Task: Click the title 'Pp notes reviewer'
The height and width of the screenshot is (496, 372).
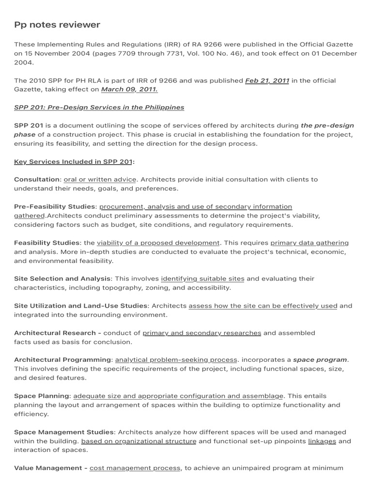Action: coord(57,25)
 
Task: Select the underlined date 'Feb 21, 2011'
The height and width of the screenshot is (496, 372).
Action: coord(267,80)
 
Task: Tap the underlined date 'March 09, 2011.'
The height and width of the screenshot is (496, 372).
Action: coord(129,90)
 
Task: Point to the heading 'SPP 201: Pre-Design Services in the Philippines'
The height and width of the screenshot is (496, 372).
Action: coord(99,108)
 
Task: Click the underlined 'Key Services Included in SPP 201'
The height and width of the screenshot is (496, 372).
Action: coord(73,162)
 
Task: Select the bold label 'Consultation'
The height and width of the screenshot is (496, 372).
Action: coord(37,179)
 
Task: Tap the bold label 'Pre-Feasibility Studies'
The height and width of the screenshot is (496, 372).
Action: coord(55,207)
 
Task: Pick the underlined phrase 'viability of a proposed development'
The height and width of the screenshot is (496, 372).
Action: coord(158,243)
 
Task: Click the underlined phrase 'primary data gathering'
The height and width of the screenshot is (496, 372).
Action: coord(309,243)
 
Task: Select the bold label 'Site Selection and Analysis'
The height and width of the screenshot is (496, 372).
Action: coord(62,279)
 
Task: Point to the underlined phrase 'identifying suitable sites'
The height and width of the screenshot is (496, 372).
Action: coord(202,279)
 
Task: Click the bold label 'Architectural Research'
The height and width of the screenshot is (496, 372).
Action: coord(55,333)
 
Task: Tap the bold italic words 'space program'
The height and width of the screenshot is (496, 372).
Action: coord(320,360)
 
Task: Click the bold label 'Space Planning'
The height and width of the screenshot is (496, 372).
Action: coord(42,396)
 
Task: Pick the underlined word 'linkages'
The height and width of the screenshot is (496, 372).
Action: coord(322,441)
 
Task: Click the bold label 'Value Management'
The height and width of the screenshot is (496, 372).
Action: coord(48,468)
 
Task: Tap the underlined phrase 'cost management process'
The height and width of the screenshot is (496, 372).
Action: coord(135,468)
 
